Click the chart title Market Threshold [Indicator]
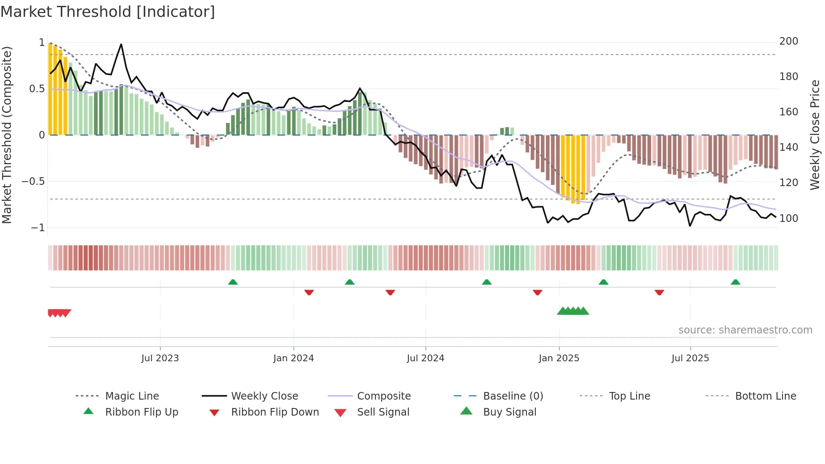pyautogui.click(x=108, y=12)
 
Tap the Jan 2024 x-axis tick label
pyautogui.click(x=293, y=358)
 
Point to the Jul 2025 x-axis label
pyautogui.click(x=690, y=358)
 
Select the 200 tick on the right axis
pyautogui.click(x=788, y=41)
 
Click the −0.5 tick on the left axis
pyautogui.click(x=33, y=181)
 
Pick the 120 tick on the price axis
pyautogui.click(x=788, y=183)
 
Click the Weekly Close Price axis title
pyautogui.click(x=815, y=135)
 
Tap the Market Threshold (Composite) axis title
pyautogui.click(x=7, y=135)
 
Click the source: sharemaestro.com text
pyautogui.click(x=745, y=330)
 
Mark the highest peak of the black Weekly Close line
pyautogui.click(x=121, y=44)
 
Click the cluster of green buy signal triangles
pyautogui.click(x=573, y=311)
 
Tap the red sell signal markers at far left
pyautogui.click(x=59, y=313)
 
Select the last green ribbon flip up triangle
pyautogui.click(x=735, y=282)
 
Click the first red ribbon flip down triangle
pyautogui.click(x=309, y=292)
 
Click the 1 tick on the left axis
pyautogui.click(x=42, y=43)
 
